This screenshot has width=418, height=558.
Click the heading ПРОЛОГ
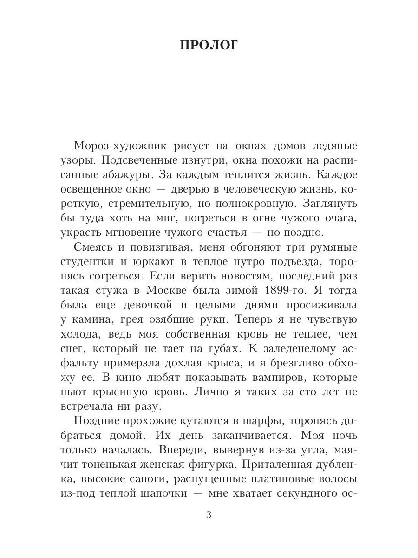[209, 46]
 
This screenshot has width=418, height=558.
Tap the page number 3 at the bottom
[209, 515]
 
